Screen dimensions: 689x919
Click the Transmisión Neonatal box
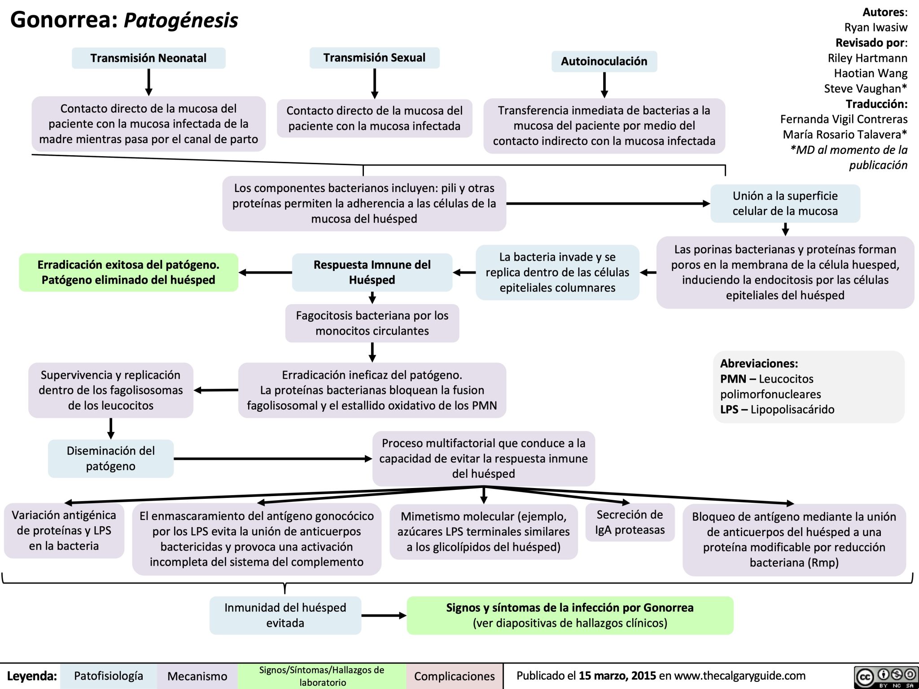(x=149, y=58)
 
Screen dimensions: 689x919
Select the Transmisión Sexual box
(x=374, y=58)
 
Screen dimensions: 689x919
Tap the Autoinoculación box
(x=604, y=61)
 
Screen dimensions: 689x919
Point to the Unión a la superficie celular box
(x=785, y=203)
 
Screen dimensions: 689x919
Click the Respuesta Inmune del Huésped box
(x=372, y=272)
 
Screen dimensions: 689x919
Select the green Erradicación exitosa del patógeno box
(x=128, y=272)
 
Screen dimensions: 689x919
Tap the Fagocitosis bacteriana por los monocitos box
(x=372, y=323)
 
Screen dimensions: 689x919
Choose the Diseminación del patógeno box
(x=111, y=458)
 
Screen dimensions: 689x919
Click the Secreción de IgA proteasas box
(x=630, y=523)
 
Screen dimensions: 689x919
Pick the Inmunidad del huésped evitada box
(x=285, y=615)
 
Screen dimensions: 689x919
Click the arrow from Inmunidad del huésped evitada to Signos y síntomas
(x=384, y=616)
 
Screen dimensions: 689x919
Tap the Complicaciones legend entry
(x=454, y=676)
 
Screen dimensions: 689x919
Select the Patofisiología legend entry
(x=108, y=676)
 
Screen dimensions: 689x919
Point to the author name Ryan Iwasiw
(x=875, y=27)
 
